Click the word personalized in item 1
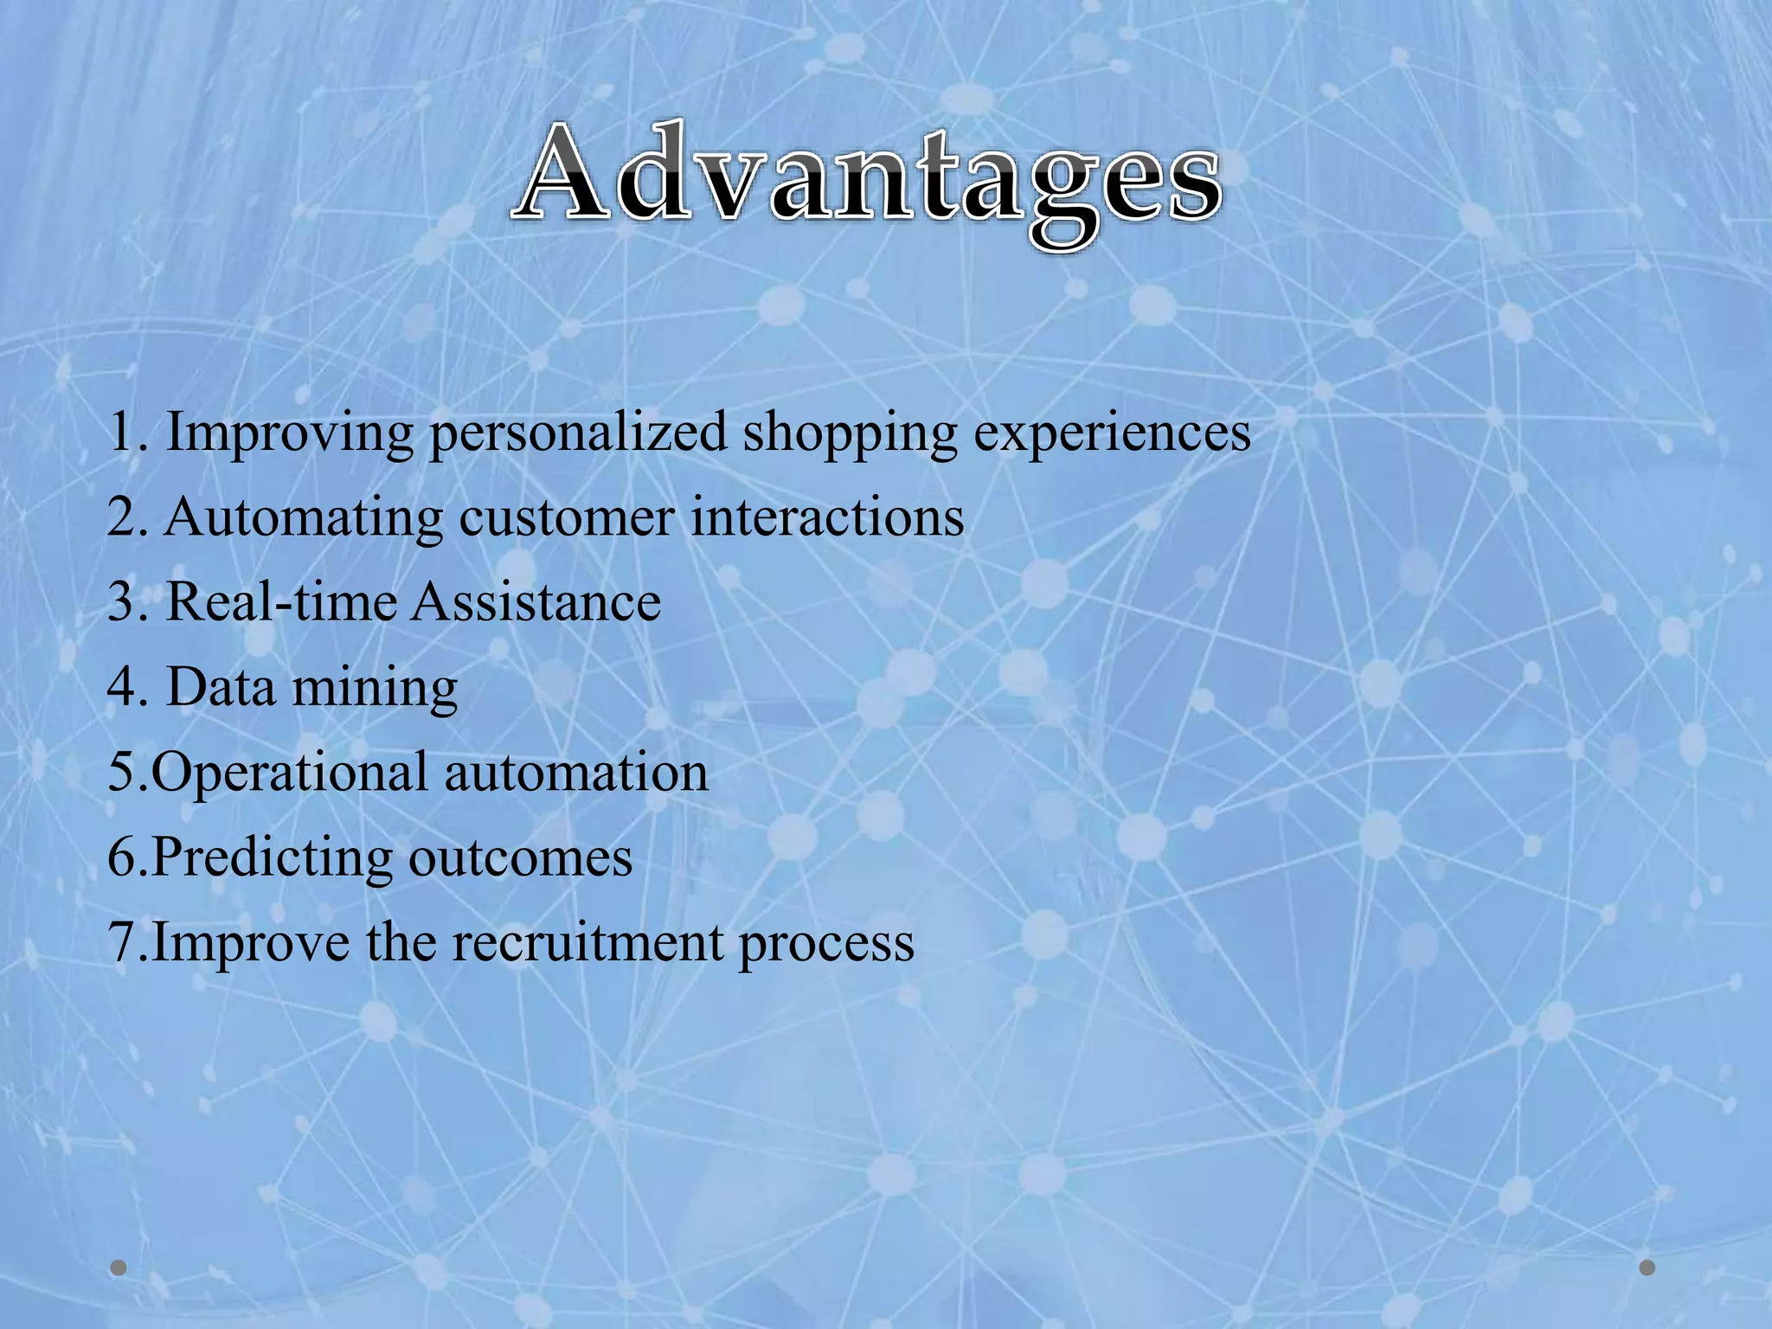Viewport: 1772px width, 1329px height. [578, 433]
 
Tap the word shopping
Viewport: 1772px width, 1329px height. [851, 433]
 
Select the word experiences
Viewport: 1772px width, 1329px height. [1112, 433]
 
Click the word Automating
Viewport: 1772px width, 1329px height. [304, 518]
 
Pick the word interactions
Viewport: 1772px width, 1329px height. [827, 518]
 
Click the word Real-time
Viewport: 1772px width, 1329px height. [280, 602]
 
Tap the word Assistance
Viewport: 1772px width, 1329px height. [536, 602]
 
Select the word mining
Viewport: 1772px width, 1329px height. [374, 688]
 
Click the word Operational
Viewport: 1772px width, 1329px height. [290, 773]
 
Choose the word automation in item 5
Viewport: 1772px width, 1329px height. [576, 773]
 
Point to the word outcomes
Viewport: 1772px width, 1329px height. [520, 858]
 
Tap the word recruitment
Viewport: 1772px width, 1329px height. [587, 943]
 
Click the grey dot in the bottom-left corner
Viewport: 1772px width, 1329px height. [119, 1268]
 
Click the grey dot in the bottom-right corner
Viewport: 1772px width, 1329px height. [1647, 1268]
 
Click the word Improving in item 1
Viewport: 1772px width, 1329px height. [290, 433]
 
